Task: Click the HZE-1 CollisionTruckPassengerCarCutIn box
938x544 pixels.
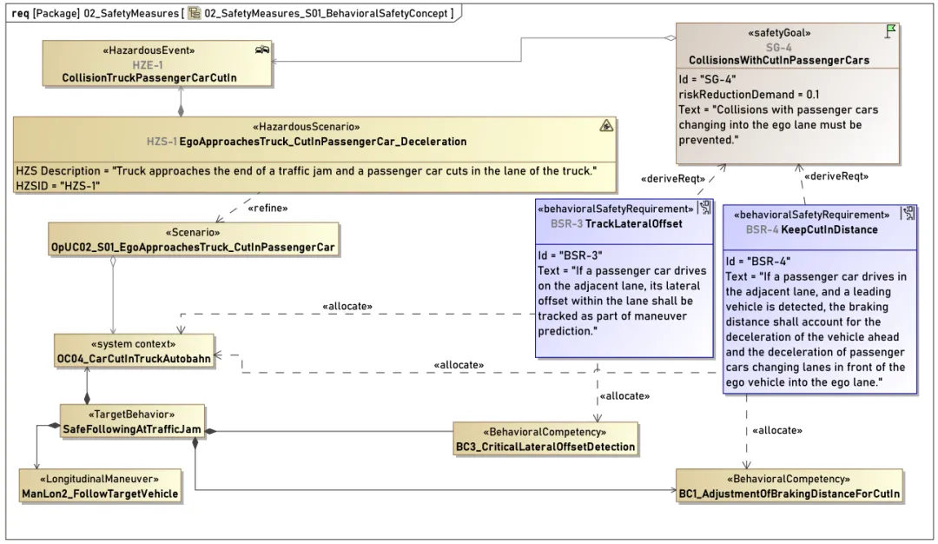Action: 156,63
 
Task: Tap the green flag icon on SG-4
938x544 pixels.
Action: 890,31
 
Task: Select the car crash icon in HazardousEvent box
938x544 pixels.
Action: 262,50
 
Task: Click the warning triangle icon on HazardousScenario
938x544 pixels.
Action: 606,126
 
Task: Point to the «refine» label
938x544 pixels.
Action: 268,209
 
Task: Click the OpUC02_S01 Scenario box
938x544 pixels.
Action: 193,240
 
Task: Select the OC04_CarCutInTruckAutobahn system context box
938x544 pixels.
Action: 134,351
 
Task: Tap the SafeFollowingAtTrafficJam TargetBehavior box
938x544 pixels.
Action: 132,422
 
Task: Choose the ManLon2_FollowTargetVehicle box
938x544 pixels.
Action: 100,486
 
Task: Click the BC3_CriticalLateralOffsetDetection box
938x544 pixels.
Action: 545,439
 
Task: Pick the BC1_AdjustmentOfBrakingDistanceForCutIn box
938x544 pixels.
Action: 789,486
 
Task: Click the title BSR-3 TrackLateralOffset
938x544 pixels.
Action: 616,224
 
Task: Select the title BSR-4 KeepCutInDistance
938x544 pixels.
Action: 812,229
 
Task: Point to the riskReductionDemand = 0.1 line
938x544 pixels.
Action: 749,95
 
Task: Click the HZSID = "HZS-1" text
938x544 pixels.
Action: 58,185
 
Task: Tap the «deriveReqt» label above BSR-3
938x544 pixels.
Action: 673,179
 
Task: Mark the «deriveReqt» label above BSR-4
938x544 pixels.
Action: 836,176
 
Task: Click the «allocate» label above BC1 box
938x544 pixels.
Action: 777,430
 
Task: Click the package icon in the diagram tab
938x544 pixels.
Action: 195,12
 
